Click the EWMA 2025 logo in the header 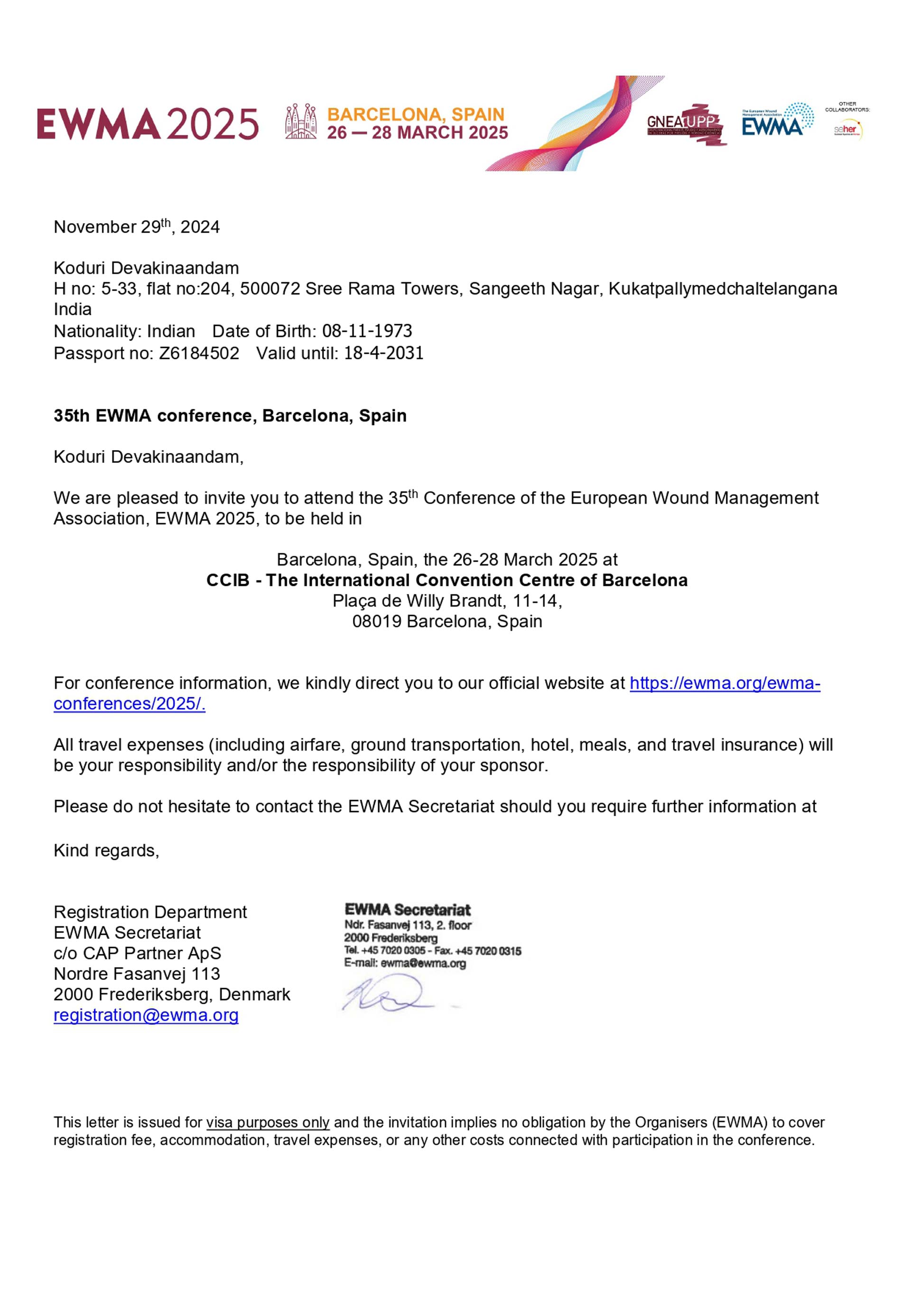pyautogui.click(x=148, y=123)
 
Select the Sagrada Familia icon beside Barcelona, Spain pyautogui.click(x=301, y=121)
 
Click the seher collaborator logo pyautogui.click(x=847, y=130)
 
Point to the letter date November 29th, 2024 pyautogui.click(x=136, y=227)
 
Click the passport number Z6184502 pyautogui.click(x=199, y=353)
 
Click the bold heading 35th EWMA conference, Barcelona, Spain pyautogui.click(x=230, y=416)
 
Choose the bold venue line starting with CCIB pyautogui.click(x=446, y=580)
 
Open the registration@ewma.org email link pyautogui.click(x=146, y=1015)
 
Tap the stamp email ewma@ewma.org pyautogui.click(x=423, y=963)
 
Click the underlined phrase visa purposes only pyautogui.click(x=268, y=1122)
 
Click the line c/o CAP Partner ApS pyautogui.click(x=138, y=953)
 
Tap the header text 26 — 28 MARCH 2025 pyautogui.click(x=418, y=133)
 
